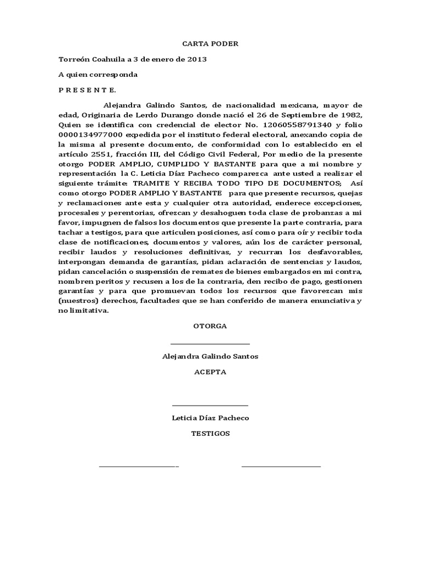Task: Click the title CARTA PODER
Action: [210, 44]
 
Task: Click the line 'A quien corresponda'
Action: [98, 75]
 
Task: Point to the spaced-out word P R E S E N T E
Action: [88, 90]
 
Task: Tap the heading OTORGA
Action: [210, 326]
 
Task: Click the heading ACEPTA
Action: [210, 372]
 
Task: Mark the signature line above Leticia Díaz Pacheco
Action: [210, 406]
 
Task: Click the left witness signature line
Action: [139, 467]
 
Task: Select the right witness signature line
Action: [281, 467]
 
